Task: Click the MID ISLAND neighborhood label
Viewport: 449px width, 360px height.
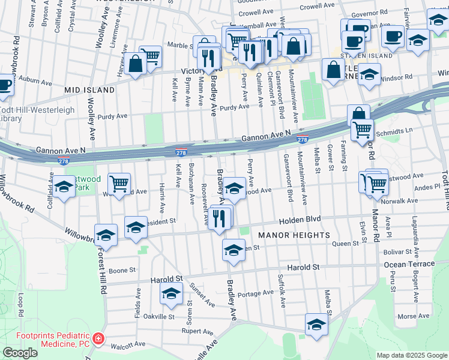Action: [x=89, y=90]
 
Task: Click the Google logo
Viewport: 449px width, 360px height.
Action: [x=20, y=353]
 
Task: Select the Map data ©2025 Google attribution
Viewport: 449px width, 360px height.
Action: [x=412, y=355]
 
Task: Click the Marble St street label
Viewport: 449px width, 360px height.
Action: [x=179, y=45]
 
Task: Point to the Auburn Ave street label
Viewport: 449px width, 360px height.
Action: [x=33, y=79]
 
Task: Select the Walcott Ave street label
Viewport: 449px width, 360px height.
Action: [x=128, y=344]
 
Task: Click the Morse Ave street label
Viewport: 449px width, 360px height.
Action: [x=414, y=316]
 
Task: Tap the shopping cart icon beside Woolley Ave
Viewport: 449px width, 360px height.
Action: [x=119, y=183]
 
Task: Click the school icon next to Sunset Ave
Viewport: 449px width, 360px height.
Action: [x=171, y=293]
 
